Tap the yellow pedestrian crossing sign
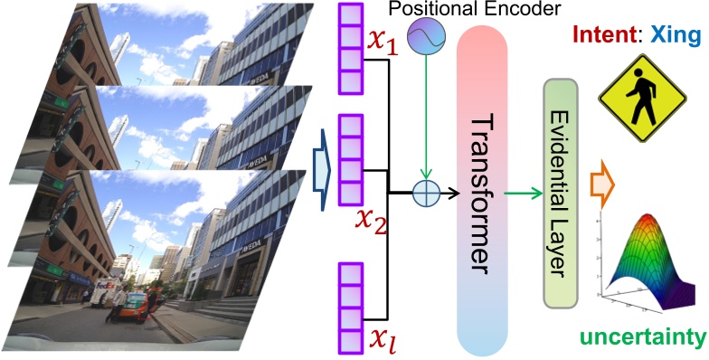coord(642,94)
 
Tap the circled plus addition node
coord(424,192)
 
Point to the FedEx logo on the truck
coord(105,283)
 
